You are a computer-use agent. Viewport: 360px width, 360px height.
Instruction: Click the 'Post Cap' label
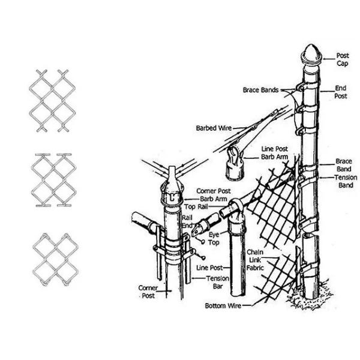342,59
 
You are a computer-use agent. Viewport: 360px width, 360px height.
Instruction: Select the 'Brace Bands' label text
260,90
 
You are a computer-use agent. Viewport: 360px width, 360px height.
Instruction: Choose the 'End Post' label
341,92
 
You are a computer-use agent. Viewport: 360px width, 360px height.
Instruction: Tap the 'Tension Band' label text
346,182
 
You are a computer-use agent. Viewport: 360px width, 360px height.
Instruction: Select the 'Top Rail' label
196,206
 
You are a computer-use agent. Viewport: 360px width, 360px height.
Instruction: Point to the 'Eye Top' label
214,239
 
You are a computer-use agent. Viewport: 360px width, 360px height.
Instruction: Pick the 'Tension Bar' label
217,283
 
